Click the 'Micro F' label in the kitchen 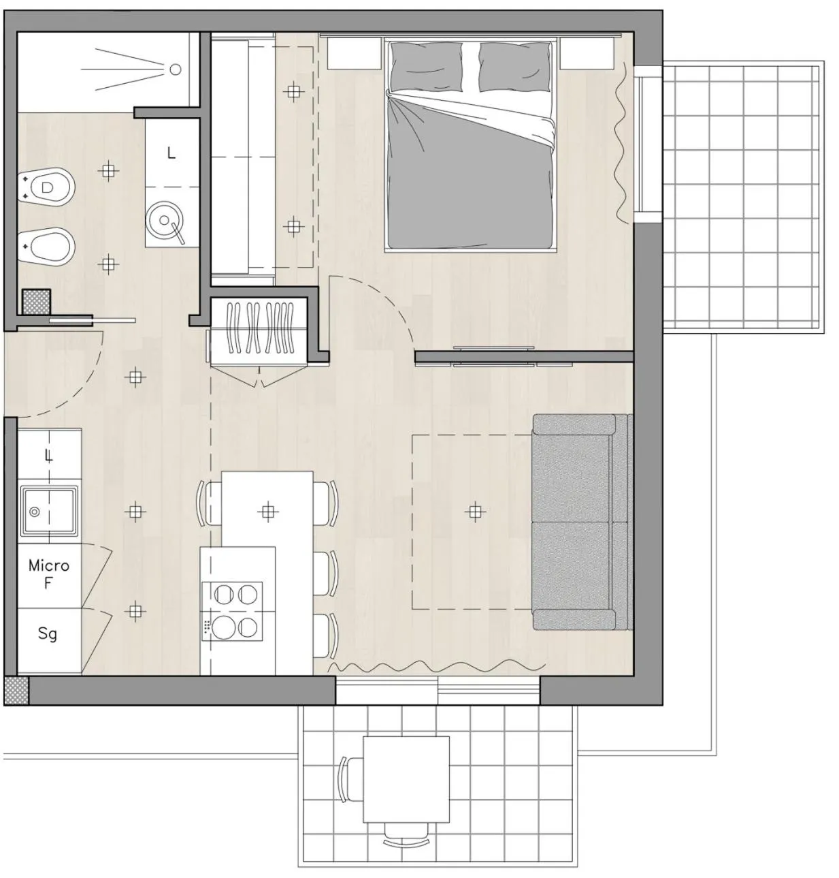48,574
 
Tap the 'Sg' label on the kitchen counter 47,633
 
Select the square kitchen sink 48,510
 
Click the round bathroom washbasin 164,220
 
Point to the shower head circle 175,69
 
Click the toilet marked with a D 47,186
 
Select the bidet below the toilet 47,246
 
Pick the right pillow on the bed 514,65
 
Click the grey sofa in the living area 580,522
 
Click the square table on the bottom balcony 406,779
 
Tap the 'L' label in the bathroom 171,153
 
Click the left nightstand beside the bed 354,52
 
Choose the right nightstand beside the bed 587,52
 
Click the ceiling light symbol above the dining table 269,511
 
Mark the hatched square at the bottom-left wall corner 16,691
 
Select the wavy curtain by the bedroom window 621,143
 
